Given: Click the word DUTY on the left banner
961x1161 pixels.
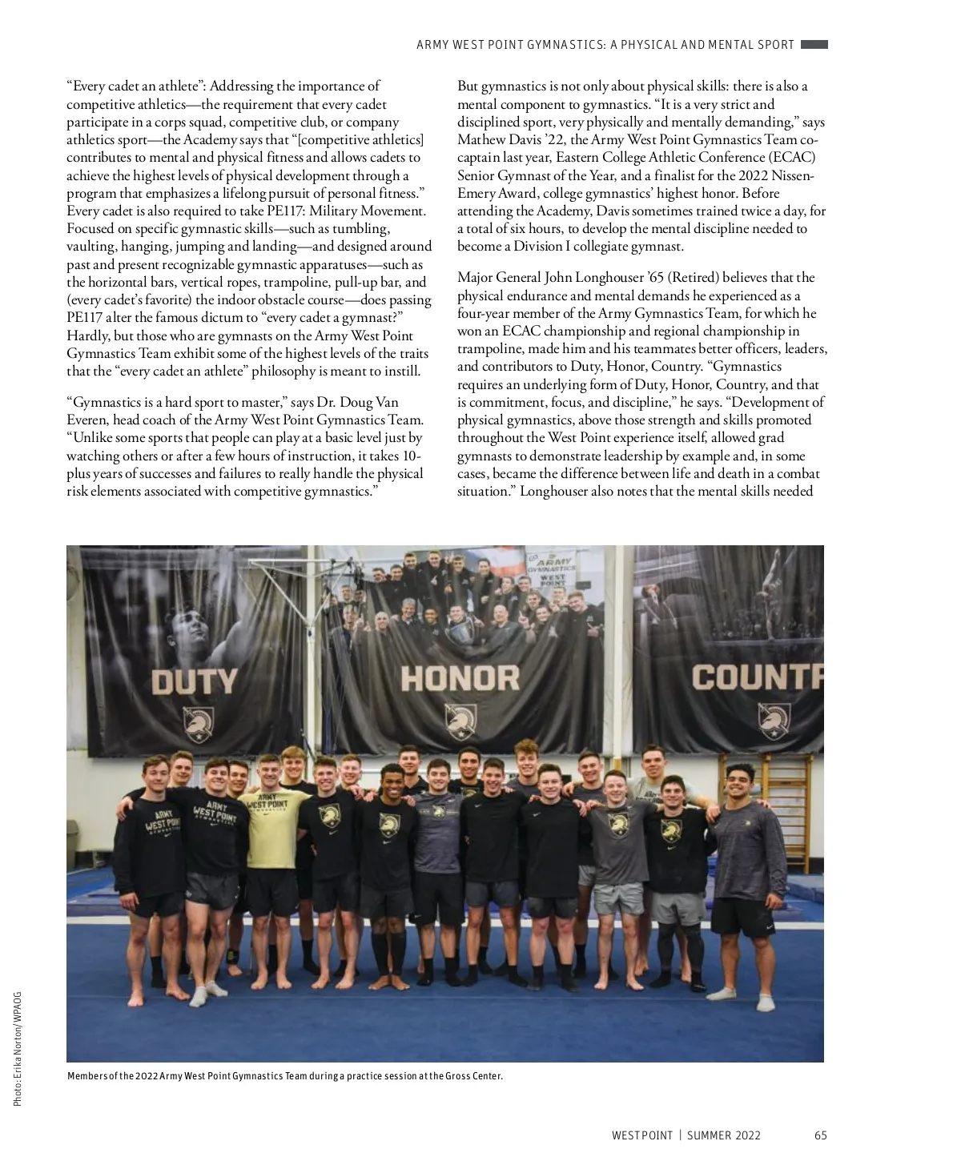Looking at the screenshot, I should pos(195,681).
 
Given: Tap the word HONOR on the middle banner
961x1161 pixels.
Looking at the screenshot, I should pos(460,678).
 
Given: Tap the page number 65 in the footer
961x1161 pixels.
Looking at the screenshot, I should pos(820,1135).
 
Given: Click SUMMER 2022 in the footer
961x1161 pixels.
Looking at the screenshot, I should pos(724,1135).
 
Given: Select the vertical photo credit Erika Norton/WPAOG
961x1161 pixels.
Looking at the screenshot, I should pos(18,1049).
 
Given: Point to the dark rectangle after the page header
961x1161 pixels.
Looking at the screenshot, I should pos(814,45).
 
